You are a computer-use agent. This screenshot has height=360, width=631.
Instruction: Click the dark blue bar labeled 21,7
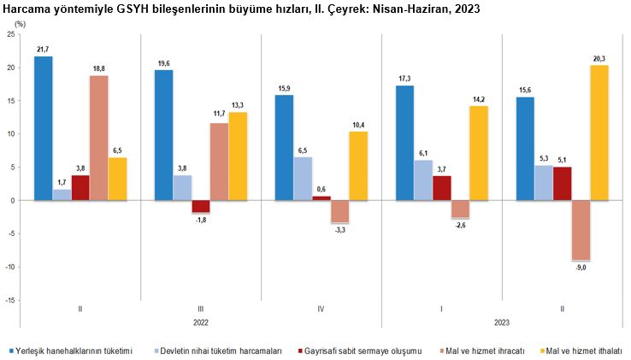point(44,128)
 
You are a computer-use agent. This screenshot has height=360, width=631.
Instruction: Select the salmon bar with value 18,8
point(99,138)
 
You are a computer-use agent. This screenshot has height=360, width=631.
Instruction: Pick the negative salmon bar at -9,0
point(581,230)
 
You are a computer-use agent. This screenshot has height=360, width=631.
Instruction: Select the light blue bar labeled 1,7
point(62,195)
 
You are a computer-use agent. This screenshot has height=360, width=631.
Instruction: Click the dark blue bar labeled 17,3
point(405,143)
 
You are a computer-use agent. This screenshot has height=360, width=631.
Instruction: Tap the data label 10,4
point(359,125)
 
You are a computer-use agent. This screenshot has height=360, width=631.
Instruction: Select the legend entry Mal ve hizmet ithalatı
point(581,351)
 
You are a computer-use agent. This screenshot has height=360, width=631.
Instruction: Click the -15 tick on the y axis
point(9,300)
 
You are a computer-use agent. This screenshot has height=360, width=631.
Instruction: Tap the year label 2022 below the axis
point(201,323)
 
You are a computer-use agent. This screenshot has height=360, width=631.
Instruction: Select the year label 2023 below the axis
point(502,323)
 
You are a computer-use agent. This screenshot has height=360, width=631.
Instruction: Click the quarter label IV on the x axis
point(321,309)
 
